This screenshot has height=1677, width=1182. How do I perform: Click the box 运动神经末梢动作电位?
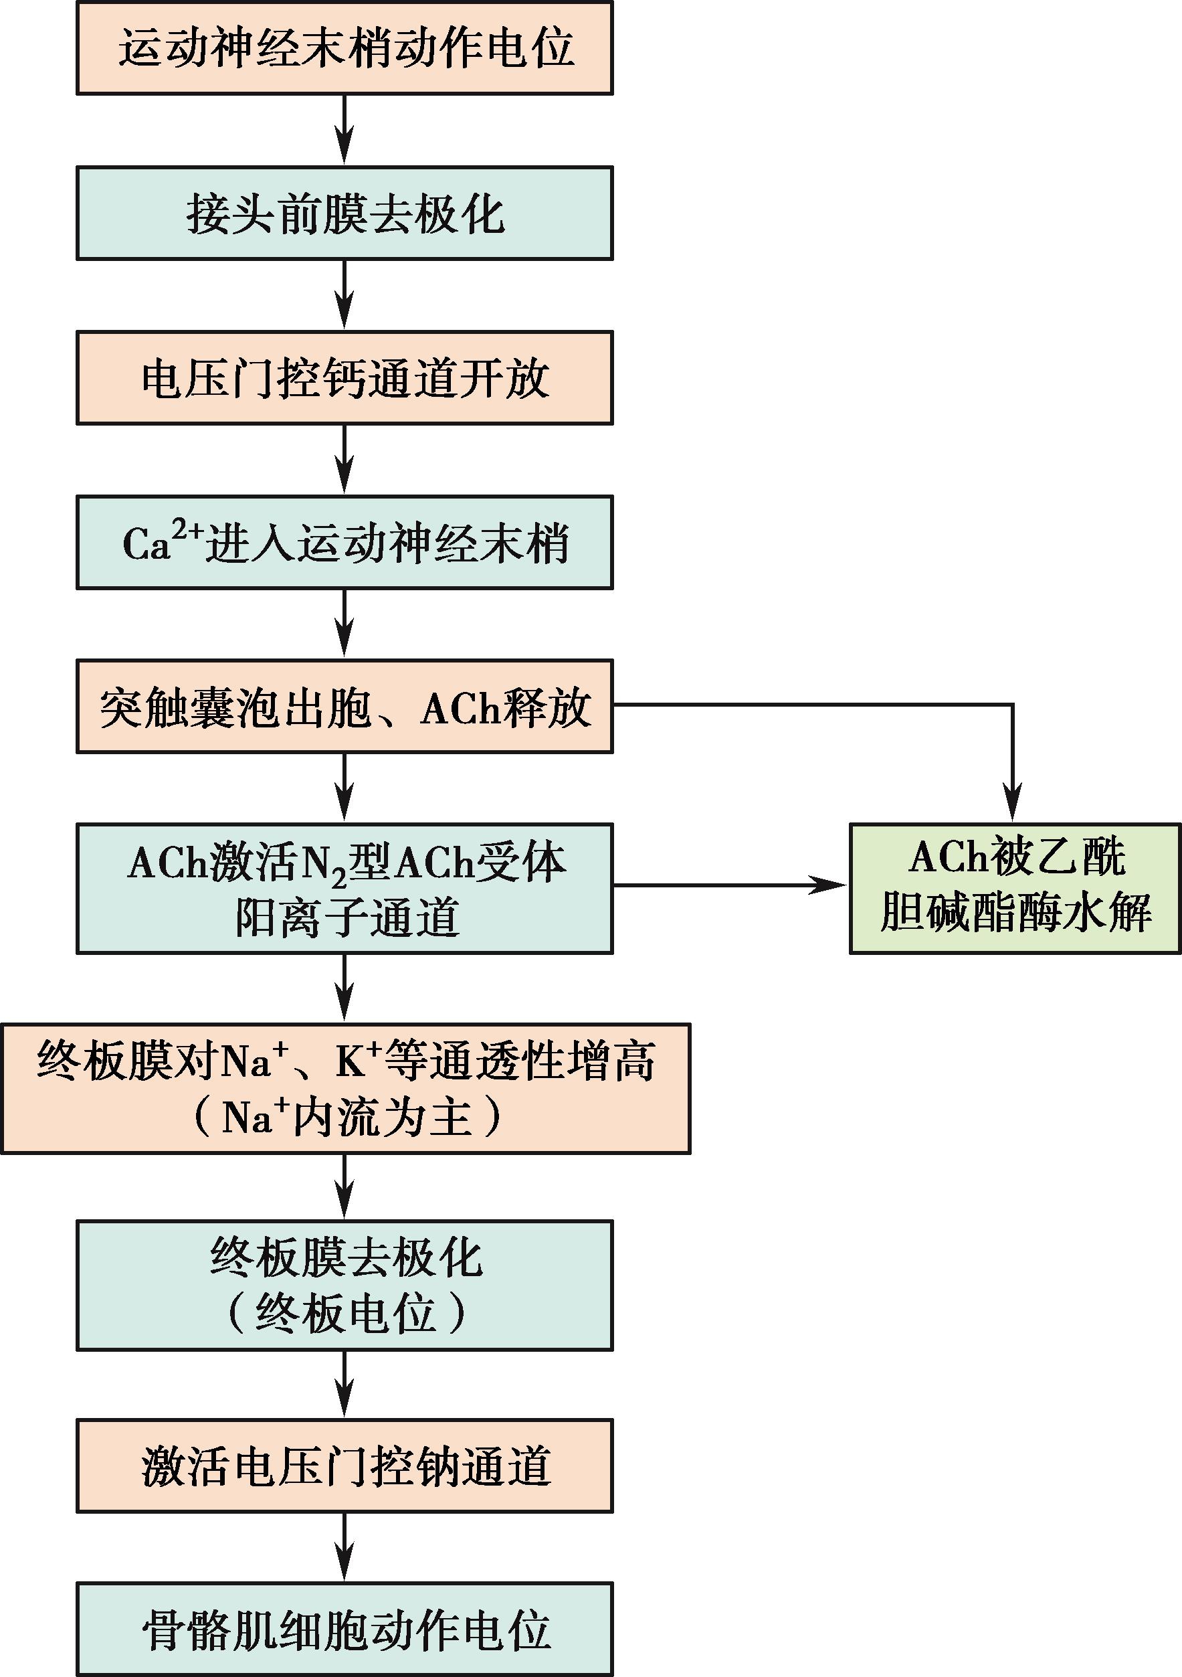coord(344,48)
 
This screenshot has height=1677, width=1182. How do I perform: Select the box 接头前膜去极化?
coord(344,213)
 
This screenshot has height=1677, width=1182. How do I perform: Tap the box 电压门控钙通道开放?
coord(344,378)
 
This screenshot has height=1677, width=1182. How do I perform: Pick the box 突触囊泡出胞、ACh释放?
coord(344,706)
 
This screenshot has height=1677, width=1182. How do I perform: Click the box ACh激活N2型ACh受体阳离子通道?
coord(344,888)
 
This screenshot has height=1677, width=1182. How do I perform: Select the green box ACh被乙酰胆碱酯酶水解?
coord(1015,888)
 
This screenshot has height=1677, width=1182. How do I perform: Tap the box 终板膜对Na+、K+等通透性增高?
coord(345,1088)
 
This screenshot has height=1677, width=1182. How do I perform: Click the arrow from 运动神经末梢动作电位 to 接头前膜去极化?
coord(344,131)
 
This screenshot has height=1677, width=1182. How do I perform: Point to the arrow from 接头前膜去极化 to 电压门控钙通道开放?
coord(344,296)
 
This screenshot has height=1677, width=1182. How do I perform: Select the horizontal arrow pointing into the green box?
coord(730,886)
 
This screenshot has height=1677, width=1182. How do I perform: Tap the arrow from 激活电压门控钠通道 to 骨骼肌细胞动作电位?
coord(344,1549)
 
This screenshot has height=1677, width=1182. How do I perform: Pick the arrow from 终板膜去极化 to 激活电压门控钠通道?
coord(344,1385)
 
